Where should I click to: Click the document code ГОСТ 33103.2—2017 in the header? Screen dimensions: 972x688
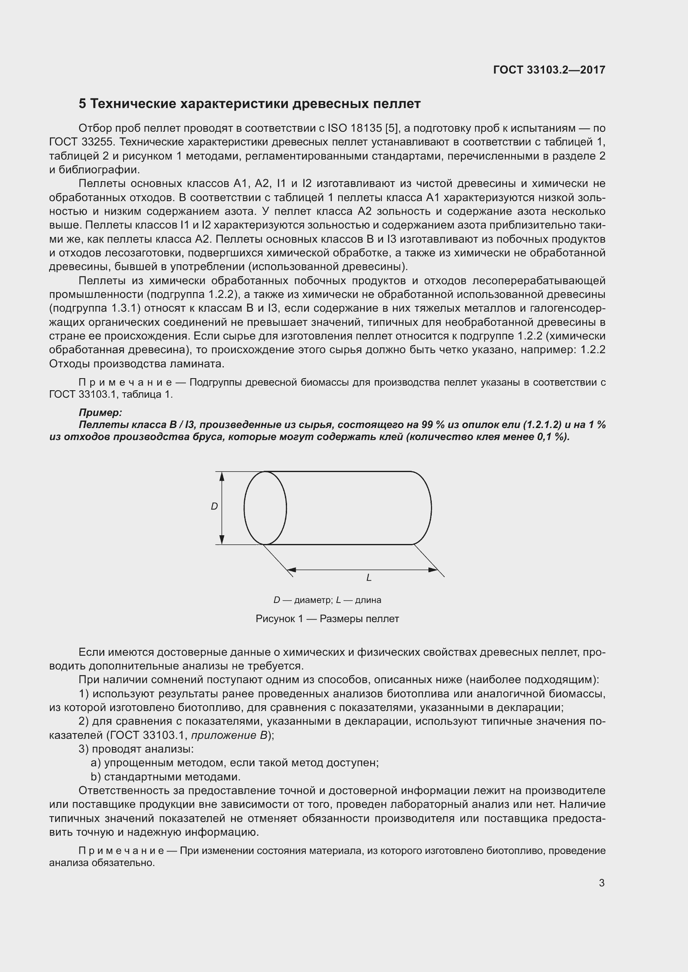click(x=549, y=70)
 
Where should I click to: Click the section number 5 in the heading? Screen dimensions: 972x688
click(x=82, y=104)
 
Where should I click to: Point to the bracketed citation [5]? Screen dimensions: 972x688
click(x=393, y=128)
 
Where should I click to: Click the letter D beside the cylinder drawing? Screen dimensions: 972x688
click(x=214, y=506)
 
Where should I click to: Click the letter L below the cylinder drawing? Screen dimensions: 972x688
click(x=369, y=578)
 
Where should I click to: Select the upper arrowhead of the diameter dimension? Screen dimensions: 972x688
click(x=222, y=476)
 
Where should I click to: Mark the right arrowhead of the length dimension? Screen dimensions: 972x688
click(x=433, y=570)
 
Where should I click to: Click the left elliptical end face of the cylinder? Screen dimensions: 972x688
click(x=265, y=507)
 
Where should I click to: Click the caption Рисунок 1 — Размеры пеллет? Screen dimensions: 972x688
click(x=327, y=619)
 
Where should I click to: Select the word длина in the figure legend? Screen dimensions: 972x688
click(x=368, y=600)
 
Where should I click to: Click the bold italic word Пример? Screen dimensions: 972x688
click(x=100, y=412)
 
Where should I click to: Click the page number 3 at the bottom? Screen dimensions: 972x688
click(x=601, y=883)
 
